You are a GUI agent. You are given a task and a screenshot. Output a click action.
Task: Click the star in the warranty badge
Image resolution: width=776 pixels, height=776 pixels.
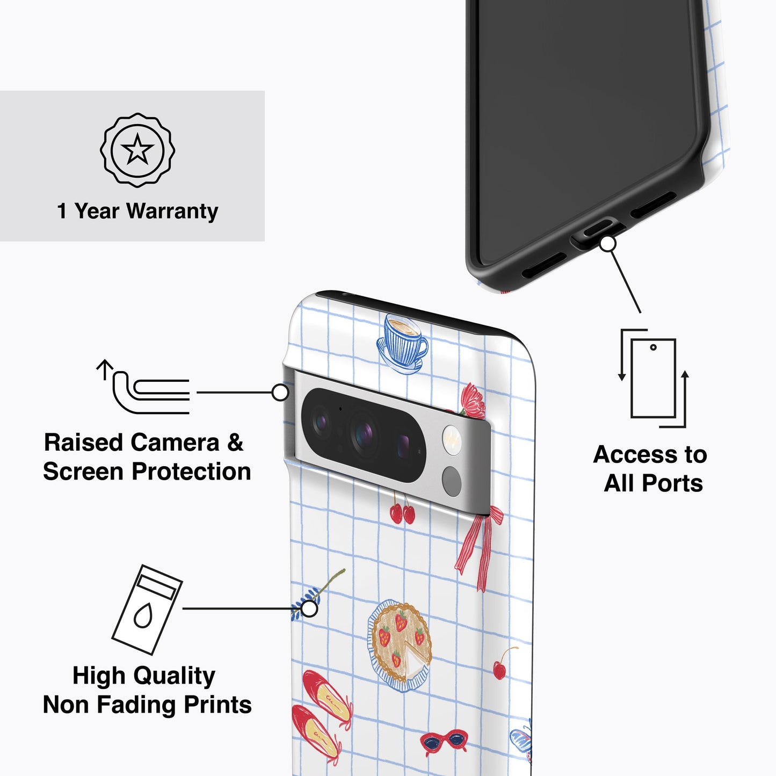pyautogui.click(x=137, y=149)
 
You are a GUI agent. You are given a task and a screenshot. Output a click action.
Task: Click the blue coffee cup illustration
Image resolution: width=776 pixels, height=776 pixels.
pyautogui.click(x=402, y=344)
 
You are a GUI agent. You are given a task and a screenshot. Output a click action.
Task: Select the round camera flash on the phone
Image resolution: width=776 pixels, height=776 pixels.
pyautogui.click(x=452, y=440)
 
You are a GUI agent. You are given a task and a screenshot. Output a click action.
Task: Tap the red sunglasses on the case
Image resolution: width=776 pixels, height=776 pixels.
pyautogui.click(x=444, y=742)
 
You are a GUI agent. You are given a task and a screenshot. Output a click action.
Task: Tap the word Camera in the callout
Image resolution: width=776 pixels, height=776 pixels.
pyautogui.click(x=175, y=443)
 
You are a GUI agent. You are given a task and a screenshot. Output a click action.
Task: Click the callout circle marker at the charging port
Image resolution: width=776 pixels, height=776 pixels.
pyautogui.click(x=608, y=244)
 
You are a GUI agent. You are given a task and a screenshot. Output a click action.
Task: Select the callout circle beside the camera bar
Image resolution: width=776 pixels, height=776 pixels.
pyautogui.click(x=280, y=392)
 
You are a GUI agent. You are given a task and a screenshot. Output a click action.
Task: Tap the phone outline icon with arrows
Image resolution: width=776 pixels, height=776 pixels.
pyautogui.click(x=653, y=378)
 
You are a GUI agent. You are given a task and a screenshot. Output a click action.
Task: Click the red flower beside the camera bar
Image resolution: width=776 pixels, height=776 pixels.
pyautogui.click(x=473, y=401)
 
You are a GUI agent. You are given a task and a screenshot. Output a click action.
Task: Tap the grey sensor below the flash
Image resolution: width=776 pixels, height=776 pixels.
pyautogui.click(x=452, y=481)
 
